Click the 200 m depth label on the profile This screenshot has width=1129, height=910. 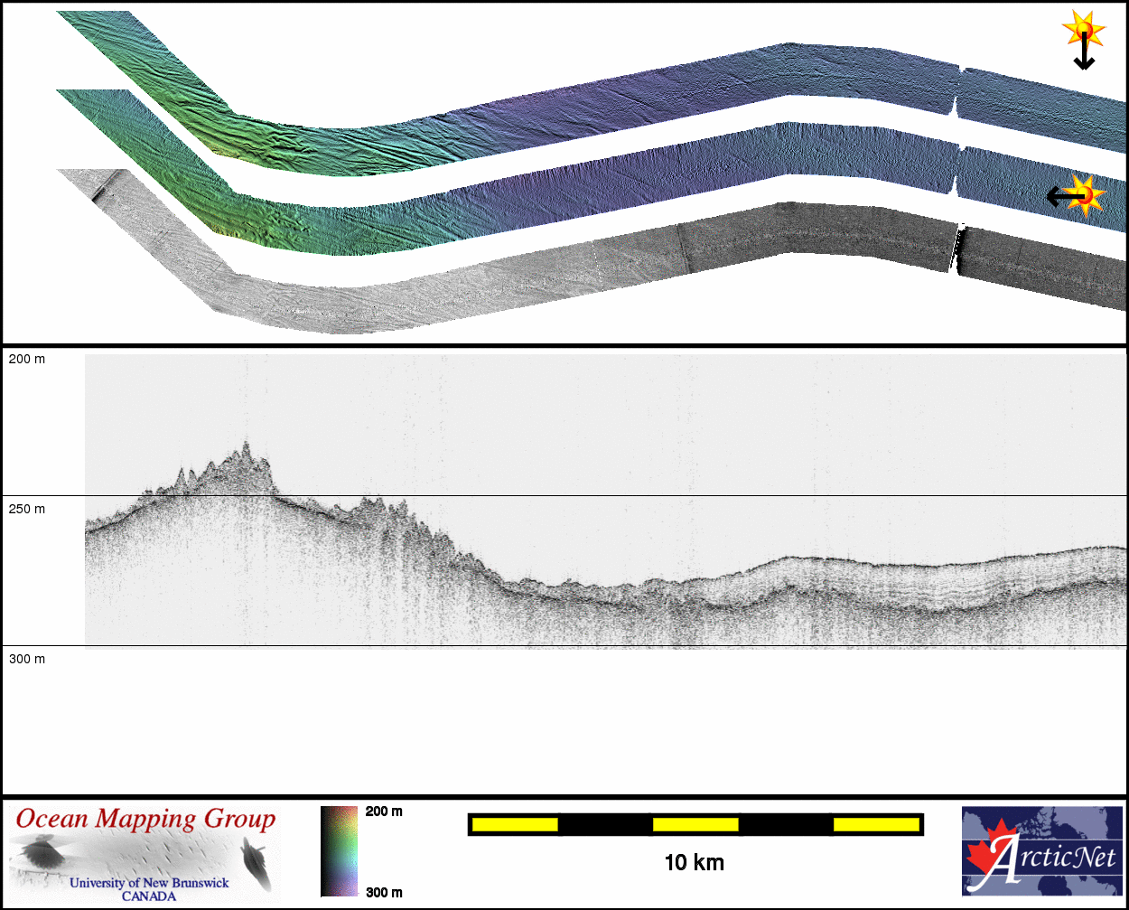point(27,359)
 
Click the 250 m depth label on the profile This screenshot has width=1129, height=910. point(27,509)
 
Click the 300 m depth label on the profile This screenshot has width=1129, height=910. point(27,659)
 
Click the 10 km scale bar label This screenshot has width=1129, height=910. point(694,863)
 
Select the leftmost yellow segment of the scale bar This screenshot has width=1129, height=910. point(515,825)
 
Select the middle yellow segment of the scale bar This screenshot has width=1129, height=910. point(695,825)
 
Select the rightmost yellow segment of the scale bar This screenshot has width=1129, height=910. point(876,825)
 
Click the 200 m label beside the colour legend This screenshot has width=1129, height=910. point(384,811)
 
